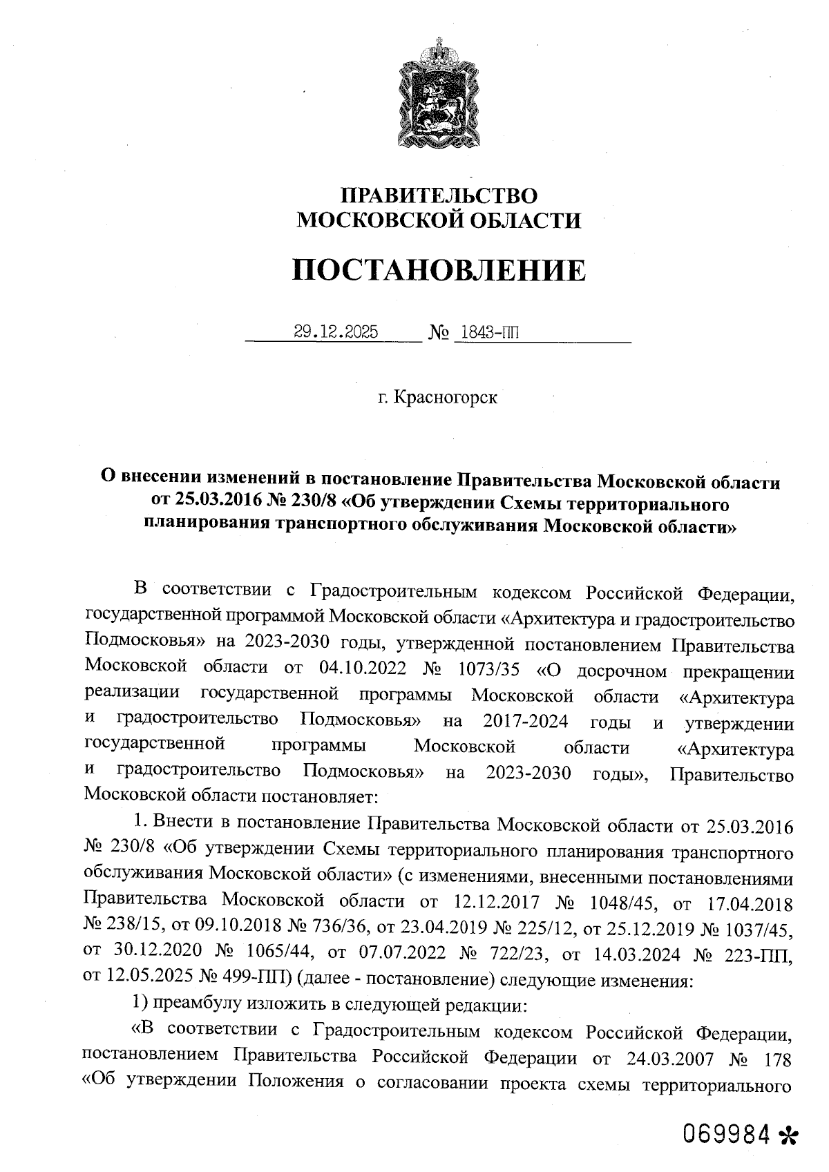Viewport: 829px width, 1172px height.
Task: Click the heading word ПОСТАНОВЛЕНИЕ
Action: pos(439,269)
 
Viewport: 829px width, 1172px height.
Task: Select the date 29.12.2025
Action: pos(336,332)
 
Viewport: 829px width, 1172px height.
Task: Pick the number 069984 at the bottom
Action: pos(727,1133)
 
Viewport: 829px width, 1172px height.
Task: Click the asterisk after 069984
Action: pos(787,1135)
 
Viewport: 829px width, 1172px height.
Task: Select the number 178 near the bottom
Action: pos(776,1057)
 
